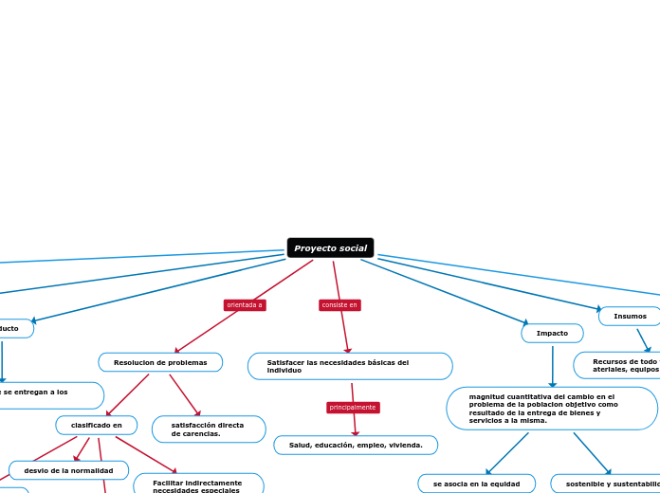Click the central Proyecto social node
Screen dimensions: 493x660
[330, 248]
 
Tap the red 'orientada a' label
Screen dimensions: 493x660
[244, 305]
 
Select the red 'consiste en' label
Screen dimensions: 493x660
[339, 305]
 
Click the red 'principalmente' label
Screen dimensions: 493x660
[353, 408]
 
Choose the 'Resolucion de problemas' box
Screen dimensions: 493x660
[160, 362]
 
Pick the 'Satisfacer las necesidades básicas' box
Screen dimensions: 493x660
[350, 366]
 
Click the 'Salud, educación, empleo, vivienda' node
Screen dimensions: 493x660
[356, 445]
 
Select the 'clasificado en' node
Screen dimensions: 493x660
[96, 425]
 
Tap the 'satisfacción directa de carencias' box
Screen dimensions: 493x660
[209, 429]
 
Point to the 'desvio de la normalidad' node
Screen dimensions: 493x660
[68, 470]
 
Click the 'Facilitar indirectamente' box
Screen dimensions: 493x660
[198, 484]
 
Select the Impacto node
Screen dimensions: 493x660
[552, 334]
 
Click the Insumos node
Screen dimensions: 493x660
[630, 316]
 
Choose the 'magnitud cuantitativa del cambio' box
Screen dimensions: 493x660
[551, 409]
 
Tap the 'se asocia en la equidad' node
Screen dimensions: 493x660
[476, 484]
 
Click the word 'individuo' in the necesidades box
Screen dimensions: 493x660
[284, 371]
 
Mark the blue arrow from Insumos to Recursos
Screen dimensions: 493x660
[643, 340]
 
